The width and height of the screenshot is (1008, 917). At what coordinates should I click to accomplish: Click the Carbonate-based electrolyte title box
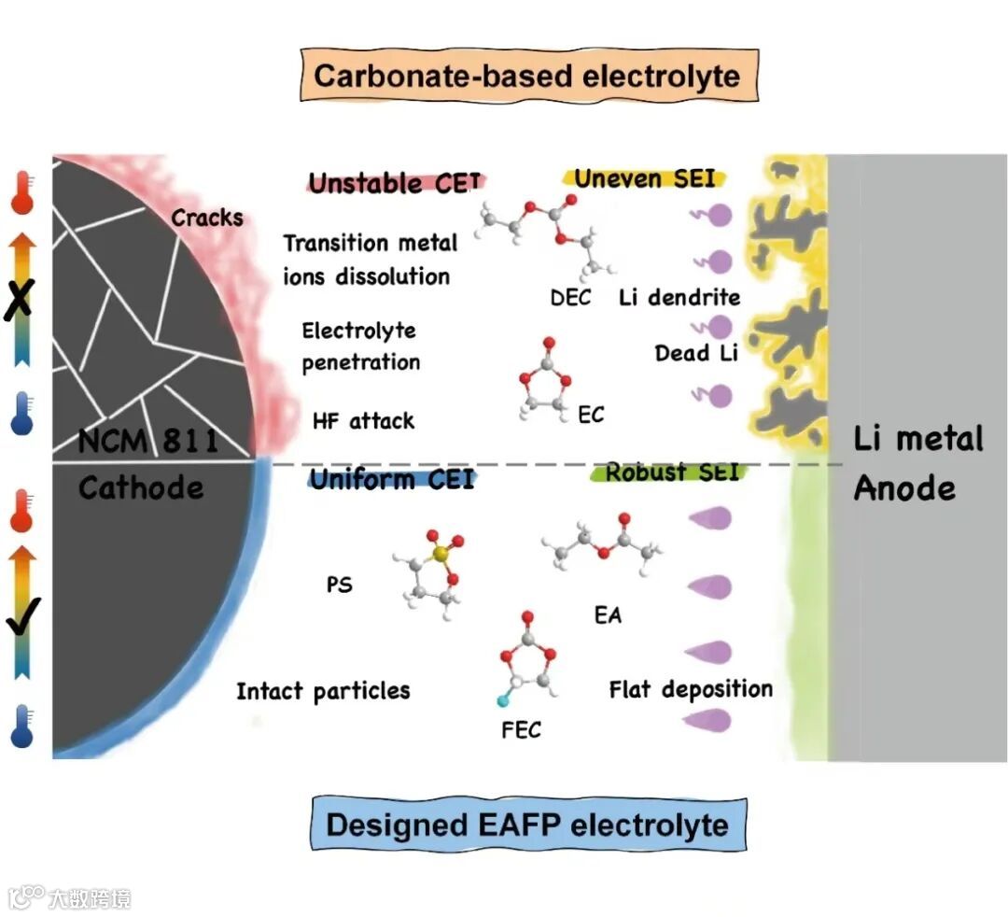[x=527, y=76]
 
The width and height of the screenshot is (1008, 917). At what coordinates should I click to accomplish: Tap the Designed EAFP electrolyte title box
[x=527, y=825]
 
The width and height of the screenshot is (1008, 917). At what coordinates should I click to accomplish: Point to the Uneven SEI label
[x=645, y=177]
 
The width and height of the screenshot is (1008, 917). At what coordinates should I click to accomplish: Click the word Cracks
[x=206, y=219]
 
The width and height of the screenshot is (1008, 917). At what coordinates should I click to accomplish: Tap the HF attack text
[x=363, y=421]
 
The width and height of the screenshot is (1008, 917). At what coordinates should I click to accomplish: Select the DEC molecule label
[x=570, y=298]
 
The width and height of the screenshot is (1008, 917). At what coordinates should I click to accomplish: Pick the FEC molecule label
[x=521, y=729]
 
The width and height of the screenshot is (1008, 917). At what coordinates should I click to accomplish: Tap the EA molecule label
[x=608, y=615]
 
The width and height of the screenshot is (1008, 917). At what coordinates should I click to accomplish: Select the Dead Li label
[x=695, y=354]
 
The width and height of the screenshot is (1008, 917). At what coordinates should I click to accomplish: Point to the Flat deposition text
[x=691, y=690]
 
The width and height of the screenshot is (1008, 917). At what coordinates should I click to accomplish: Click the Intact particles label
[x=323, y=691]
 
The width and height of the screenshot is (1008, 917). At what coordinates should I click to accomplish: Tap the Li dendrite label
[x=679, y=298]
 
